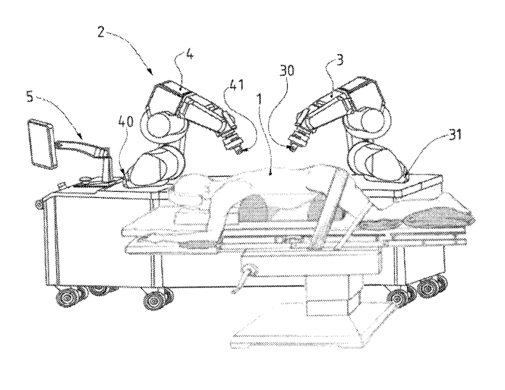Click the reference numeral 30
(286, 71)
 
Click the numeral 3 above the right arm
(339, 59)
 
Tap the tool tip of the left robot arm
(240, 150)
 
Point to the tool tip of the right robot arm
(292, 148)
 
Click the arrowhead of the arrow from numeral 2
(151, 72)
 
